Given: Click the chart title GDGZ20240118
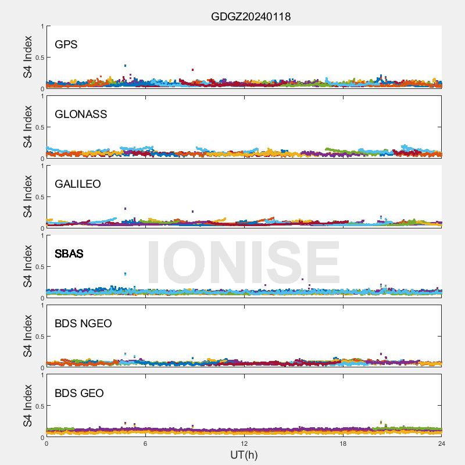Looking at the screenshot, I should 251,17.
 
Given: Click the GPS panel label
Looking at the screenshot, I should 66,45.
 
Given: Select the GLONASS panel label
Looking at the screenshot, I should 81,115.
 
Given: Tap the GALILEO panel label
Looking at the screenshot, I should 78,184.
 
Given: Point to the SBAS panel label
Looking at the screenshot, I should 69,254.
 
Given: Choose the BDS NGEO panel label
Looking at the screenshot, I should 83,324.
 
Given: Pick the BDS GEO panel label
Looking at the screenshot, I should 79,394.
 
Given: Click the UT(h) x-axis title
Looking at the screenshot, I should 244,455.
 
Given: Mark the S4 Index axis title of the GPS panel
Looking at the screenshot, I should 28,57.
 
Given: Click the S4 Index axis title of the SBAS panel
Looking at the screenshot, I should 28,266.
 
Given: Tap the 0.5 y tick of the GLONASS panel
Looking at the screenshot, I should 38,127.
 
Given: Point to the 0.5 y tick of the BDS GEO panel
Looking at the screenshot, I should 38,406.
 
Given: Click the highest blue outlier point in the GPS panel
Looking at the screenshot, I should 125,66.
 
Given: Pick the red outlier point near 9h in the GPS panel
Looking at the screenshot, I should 192,70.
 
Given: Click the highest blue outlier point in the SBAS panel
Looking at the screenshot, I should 125,274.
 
